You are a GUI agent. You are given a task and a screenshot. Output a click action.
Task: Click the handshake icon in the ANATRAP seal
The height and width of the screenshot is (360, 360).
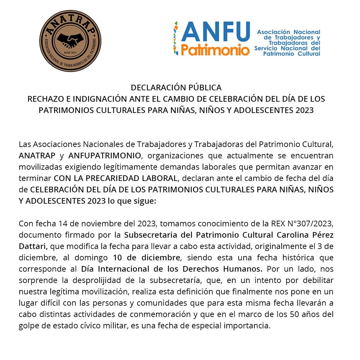pos(70,41)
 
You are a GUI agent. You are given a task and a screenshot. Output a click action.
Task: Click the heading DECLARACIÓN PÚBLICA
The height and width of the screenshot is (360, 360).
pos(176,88)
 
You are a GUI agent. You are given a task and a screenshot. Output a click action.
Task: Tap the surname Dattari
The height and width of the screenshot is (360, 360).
pos(34,246)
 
